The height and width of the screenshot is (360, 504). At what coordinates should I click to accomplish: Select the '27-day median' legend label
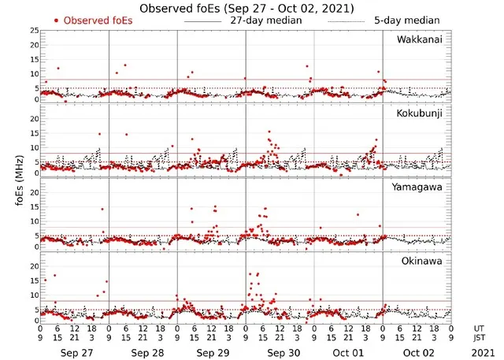[x=265, y=20]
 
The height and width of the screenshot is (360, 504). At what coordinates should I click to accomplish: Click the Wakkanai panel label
[x=420, y=39]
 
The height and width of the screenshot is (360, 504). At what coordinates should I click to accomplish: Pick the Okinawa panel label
[x=422, y=259]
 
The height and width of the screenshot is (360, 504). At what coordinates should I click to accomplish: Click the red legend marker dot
[x=57, y=20]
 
